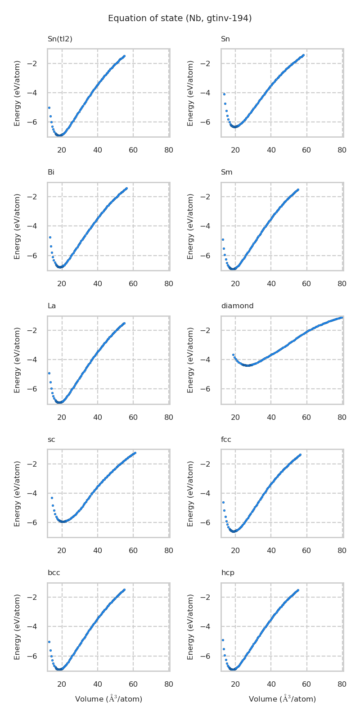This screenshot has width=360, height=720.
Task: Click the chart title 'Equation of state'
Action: (x=180, y=18)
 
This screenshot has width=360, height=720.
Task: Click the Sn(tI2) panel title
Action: (x=60, y=39)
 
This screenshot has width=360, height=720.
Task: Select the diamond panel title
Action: (x=237, y=306)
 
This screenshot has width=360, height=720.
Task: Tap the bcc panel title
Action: (x=54, y=573)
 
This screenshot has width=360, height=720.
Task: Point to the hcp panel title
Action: (x=227, y=573)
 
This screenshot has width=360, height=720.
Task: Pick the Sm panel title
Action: (x=226, y=172)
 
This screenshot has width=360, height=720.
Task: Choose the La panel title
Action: (x=52, y=306)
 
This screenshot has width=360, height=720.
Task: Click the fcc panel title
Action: (x=226, y=440)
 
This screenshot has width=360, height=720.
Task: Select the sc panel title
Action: (x=51, y=440)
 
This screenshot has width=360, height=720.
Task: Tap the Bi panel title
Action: (x=51, y=172)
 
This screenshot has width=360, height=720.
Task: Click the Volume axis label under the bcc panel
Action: (x=108, y=699)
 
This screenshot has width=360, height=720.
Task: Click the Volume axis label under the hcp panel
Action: (x=282, y=699)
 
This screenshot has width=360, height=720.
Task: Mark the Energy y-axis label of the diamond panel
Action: (x=191, y=360)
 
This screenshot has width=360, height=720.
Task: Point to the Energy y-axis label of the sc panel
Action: (x=18, y=493)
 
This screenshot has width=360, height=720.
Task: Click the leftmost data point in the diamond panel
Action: (x=233, y=355)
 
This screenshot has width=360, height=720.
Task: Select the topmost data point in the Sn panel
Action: (x=303, y=55)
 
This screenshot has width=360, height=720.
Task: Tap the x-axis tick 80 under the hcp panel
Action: (x=342, y=684)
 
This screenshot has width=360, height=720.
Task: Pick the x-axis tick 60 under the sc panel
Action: (x=133, y=551)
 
